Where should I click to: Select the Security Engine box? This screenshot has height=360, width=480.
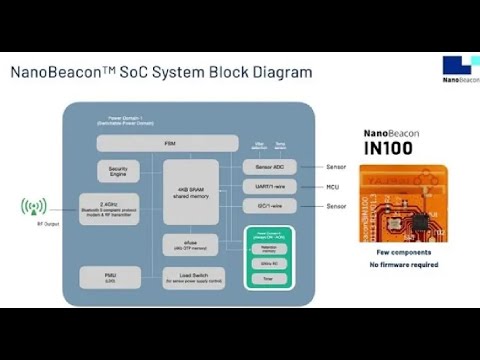(x=117, y=171)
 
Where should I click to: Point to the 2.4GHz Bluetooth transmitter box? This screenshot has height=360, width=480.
(x=109, y=208)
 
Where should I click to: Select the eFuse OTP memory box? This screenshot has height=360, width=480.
(x=190, y=245)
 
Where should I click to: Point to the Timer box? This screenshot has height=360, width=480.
(x=269, y=277)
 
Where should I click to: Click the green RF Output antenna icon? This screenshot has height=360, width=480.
(x=34, y=207)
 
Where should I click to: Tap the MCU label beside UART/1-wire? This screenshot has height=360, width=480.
(x=331, y=186)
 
